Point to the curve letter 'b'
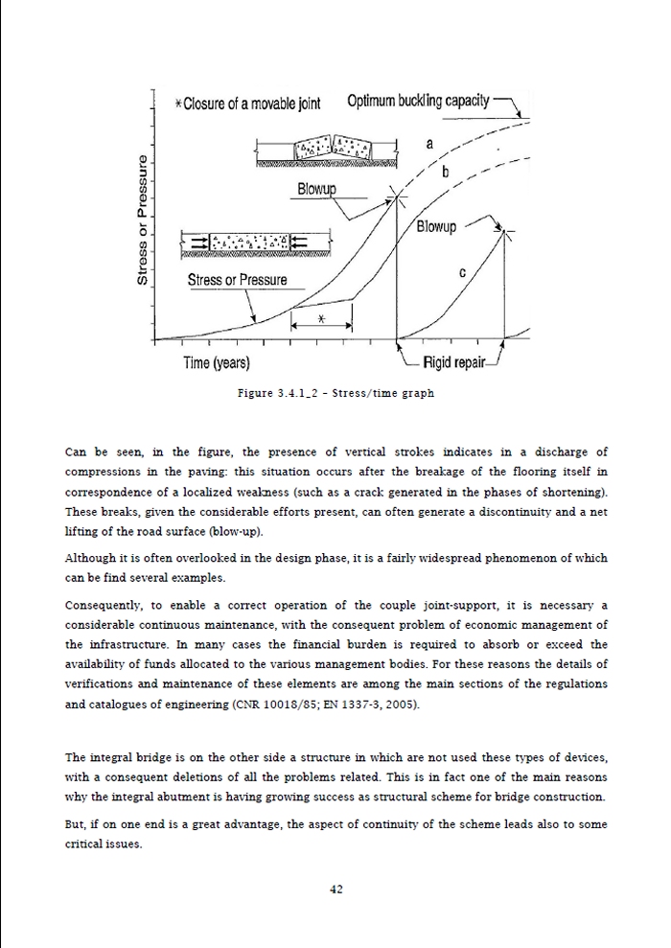click(x=446, y=173)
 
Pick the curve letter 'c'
click(x=462, y=272)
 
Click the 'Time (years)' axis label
click(x=217, y=363)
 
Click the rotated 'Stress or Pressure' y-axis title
click(x=143, y=220)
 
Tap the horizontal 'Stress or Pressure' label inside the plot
click(x=237, y=280)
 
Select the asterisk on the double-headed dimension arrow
click(x=322, y=320)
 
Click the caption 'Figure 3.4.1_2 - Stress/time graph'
click(x=335, y=393)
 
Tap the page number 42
click(x=335, y=889)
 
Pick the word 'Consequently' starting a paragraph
click(x=99, y=605)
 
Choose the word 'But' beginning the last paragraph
click(x=75, y=825)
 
